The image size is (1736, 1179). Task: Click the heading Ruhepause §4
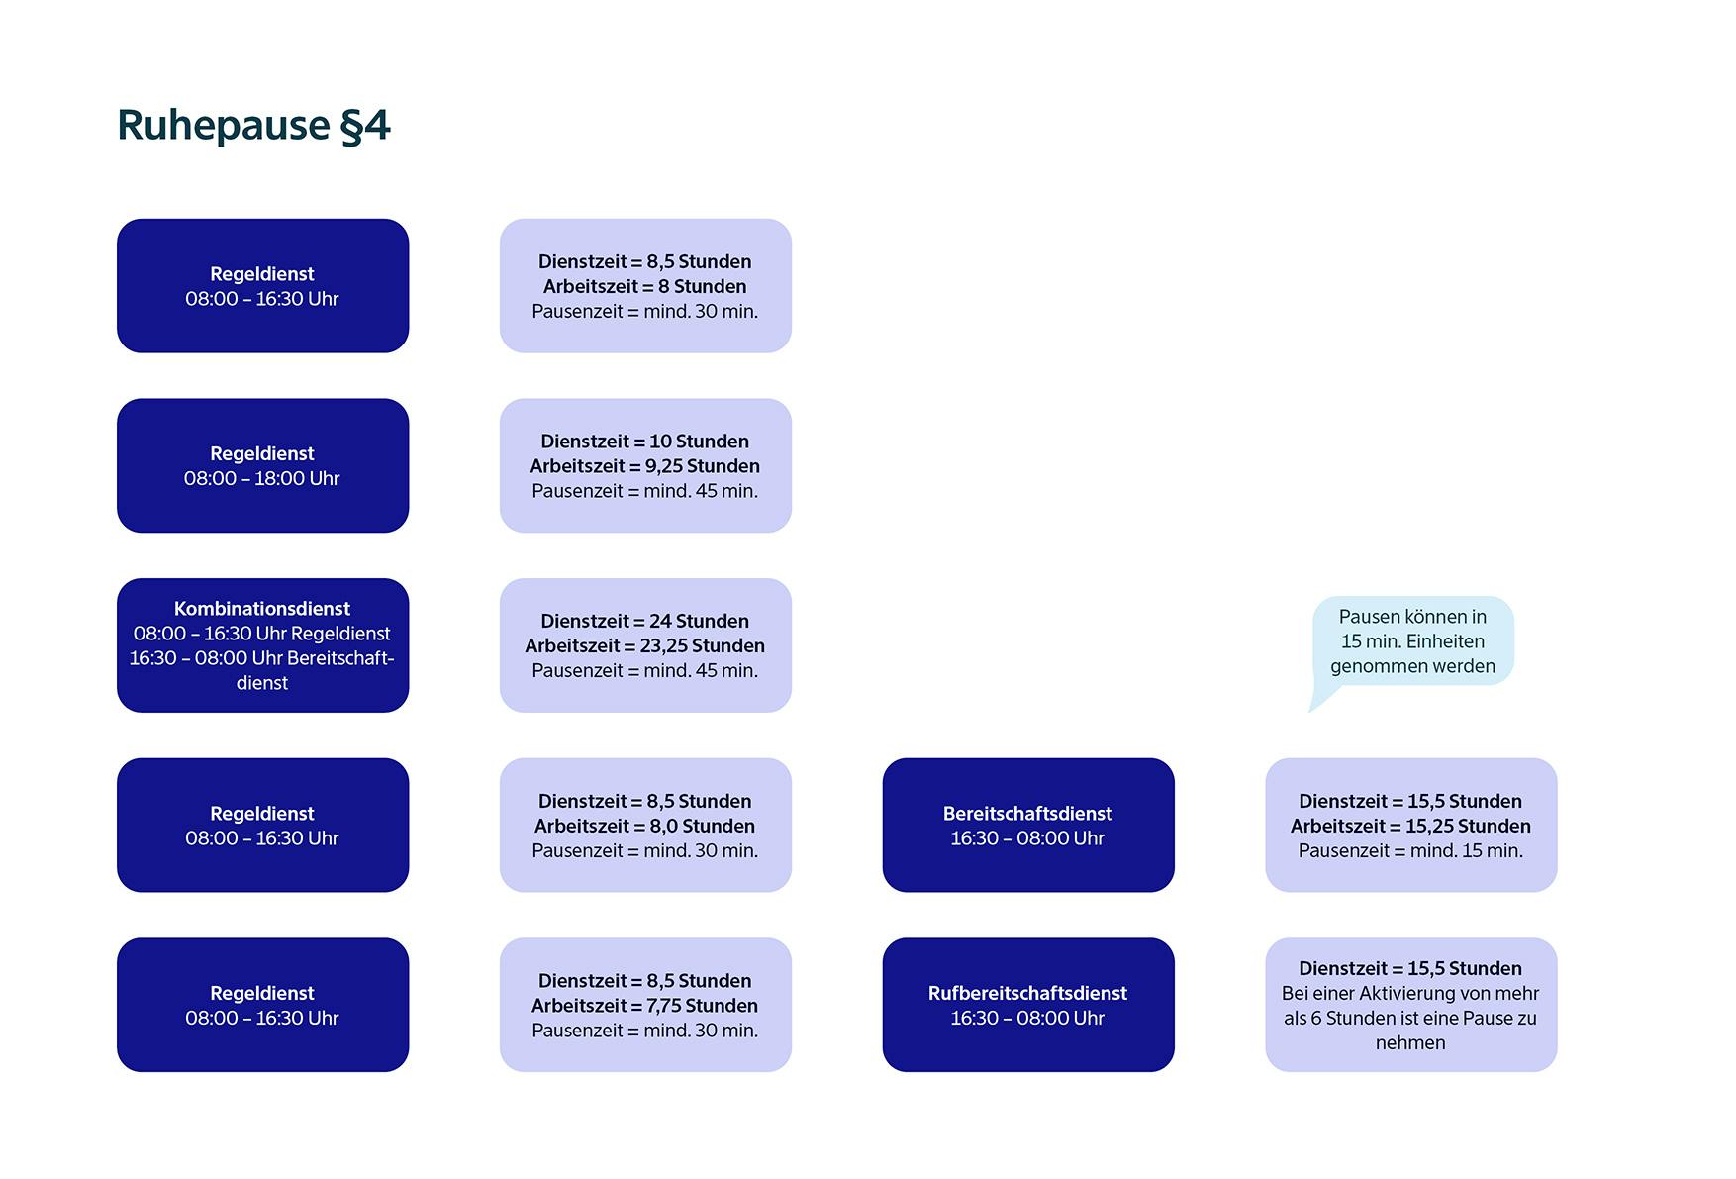click(x=253, y=126)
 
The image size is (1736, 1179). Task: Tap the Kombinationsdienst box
click(x=262, y=645)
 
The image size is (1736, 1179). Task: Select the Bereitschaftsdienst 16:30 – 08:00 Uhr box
click(x=1027, y=826)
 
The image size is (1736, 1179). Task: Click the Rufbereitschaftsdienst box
click(x=1027, y=1005)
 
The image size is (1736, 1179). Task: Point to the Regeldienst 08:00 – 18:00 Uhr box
click(x=262, y=465)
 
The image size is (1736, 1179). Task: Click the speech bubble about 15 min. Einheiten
click(x=1412, y=641)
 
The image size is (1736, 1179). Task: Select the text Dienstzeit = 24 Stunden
click(x=644, y=622)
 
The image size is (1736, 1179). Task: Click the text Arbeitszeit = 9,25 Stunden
click(x=644, y=466)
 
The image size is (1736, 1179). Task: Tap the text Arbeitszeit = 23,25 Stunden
click(x=644, y=646)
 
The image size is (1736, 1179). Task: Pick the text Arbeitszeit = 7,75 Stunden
click(x=644, y=1006)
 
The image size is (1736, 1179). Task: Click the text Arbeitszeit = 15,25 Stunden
click(x=1410, y=827)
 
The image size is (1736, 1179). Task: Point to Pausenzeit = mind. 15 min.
click(x=1410, y=851)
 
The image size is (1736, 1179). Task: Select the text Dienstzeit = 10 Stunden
click(x=644, y=442)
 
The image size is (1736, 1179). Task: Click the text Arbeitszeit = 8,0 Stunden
click(x=644, y=827)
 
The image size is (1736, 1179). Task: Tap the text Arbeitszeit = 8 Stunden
click(x=644, y=287)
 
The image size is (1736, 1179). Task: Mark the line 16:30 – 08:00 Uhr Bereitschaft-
click(x=262, y=658)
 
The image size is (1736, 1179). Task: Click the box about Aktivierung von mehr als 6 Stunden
click(x=1410, y=1006)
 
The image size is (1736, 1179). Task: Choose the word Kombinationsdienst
click(x=262, y=609)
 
